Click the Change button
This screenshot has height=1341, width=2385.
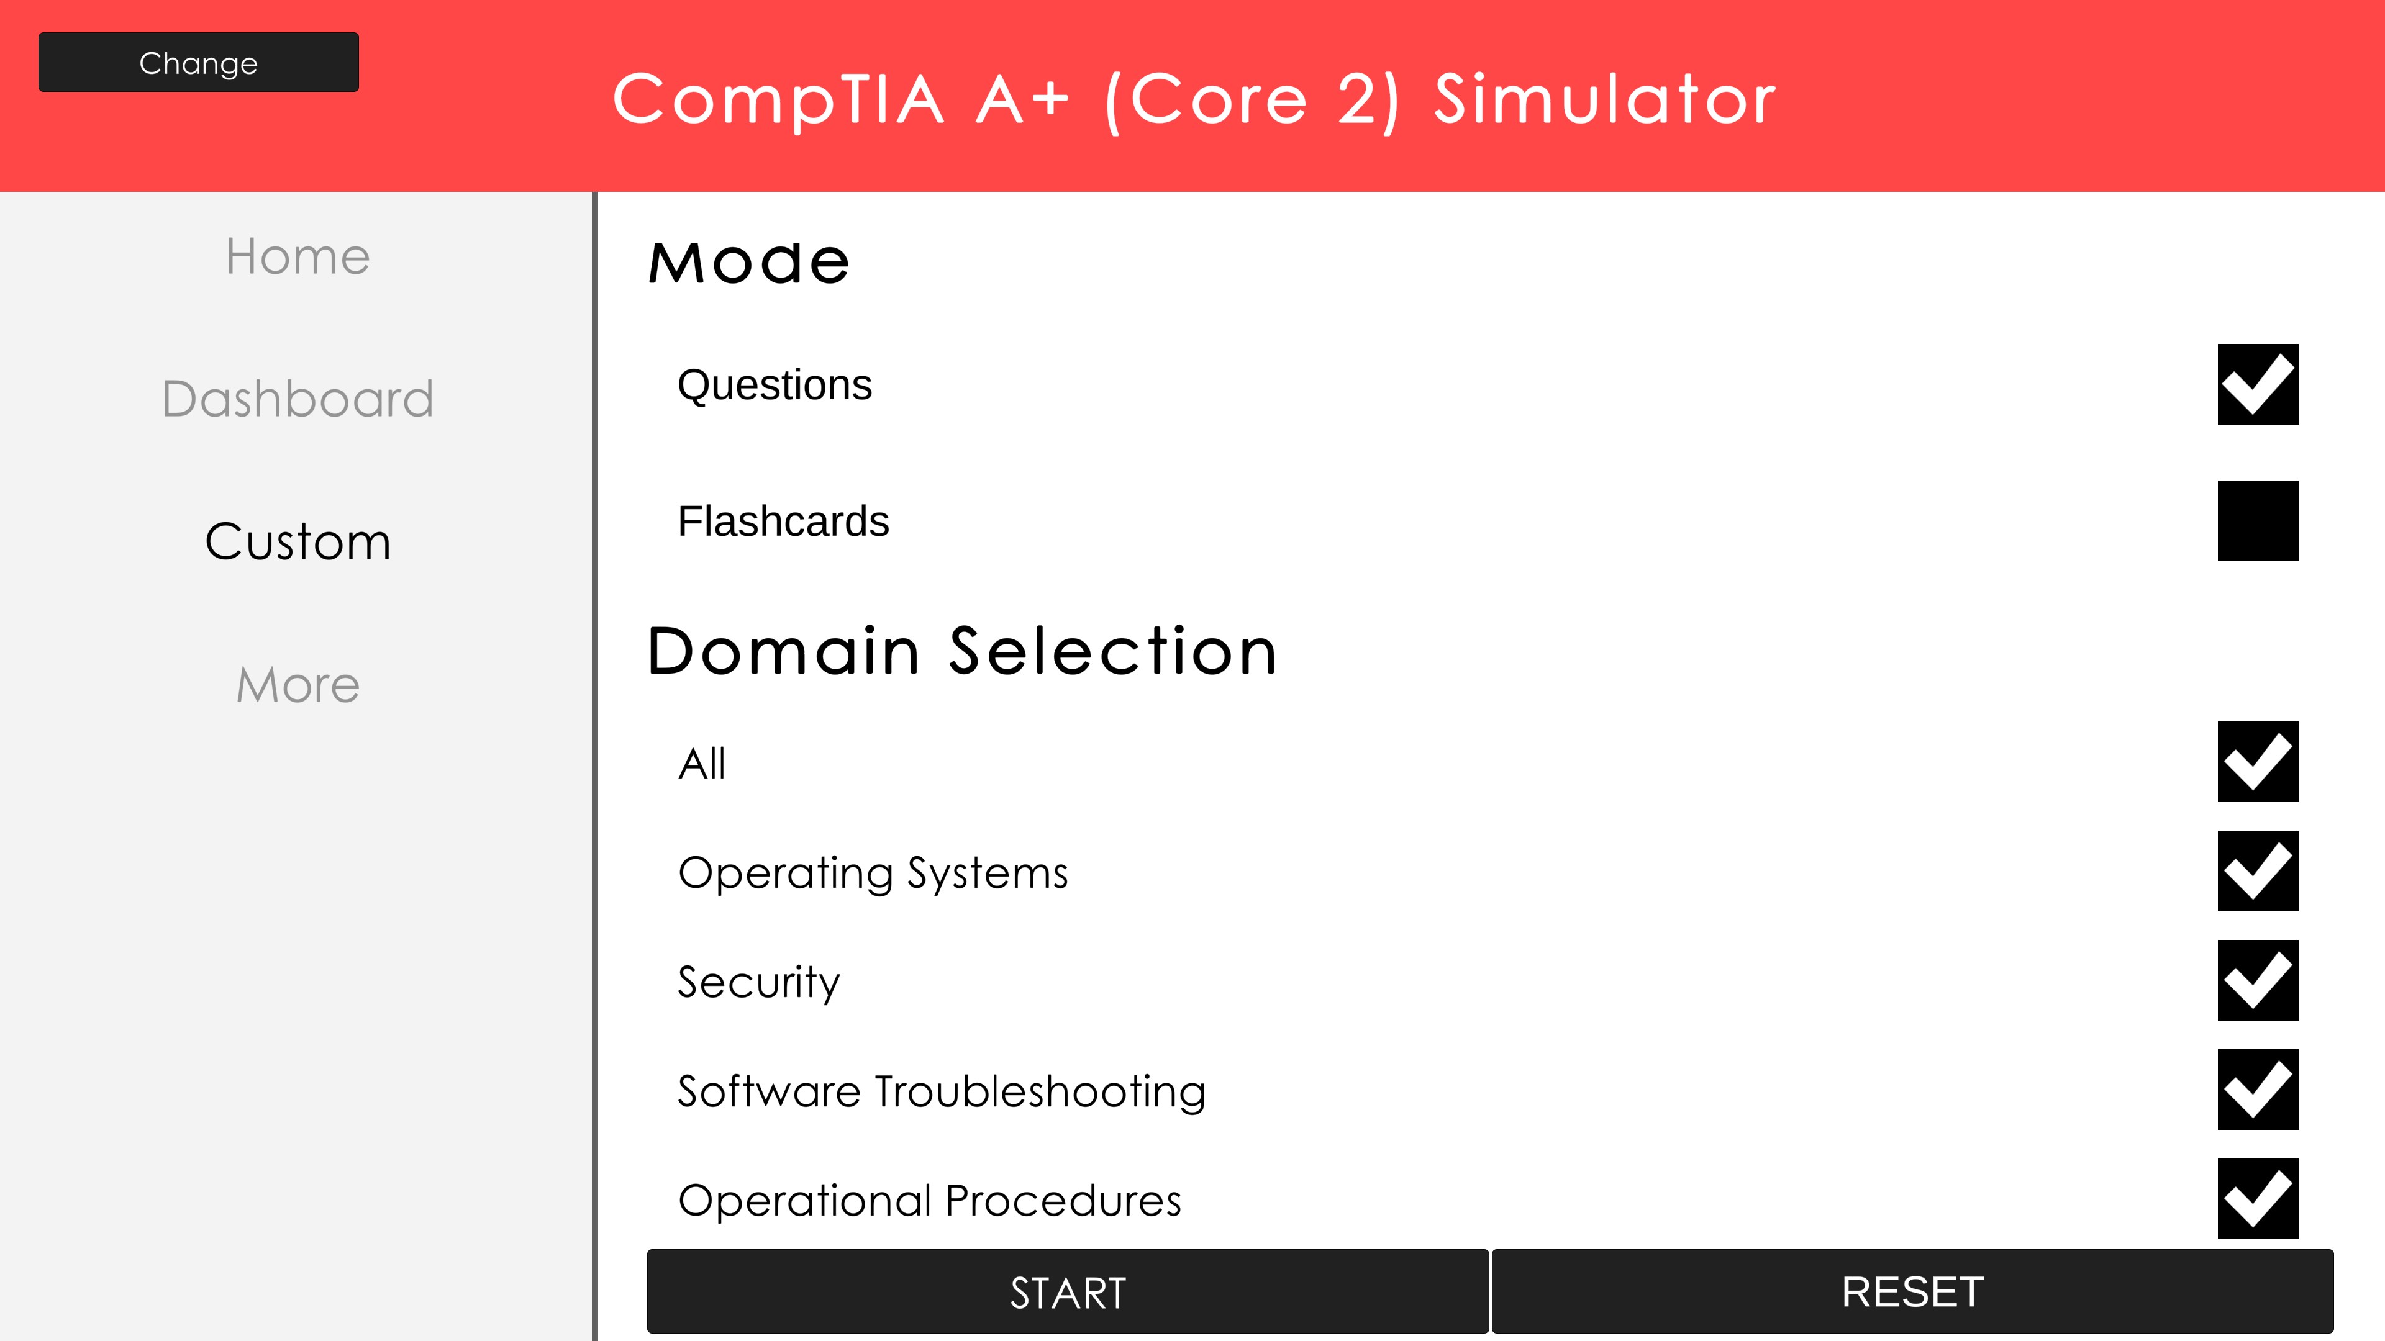(198, 62)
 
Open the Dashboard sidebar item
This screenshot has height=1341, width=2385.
(298, 399)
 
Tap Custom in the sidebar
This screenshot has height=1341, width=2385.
(298, 541)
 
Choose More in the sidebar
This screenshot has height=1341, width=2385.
(298, 685)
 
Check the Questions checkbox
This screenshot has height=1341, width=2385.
(2257, 384)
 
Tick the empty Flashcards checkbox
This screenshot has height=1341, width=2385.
(2257, 520)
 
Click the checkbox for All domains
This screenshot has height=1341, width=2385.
(2257, 762)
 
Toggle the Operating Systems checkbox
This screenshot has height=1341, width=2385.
(2257, 871)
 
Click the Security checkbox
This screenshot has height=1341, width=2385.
(2257, 980)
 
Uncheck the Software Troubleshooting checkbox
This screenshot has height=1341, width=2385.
(2257, 1090)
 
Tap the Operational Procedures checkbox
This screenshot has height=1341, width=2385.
(2257, 1198)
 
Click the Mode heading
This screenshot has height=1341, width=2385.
(748, 262)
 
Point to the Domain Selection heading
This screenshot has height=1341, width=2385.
(962, 651)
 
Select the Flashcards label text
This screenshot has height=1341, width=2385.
(783, 521)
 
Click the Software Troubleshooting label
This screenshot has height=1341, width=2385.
(942, 1092)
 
